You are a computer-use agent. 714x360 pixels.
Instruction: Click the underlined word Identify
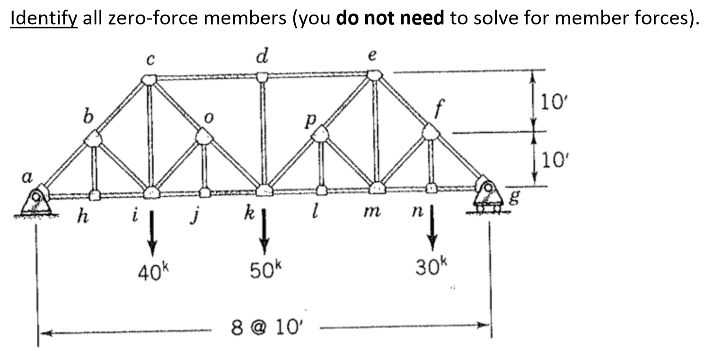click(44, 18)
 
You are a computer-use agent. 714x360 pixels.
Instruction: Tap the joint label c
click(150, 60)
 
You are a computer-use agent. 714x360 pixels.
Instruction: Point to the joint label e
click(372, 55)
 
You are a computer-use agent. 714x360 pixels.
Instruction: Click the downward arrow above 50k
click(264, 232)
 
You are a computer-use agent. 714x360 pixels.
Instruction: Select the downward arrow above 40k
click(152, 233)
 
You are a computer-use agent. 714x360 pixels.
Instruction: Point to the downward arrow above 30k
click(432, 228)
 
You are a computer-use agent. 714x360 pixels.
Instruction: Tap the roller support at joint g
click(488, 195)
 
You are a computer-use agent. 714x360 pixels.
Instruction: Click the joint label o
click(208, 118)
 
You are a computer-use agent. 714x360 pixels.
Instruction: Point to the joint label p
click(310, 121)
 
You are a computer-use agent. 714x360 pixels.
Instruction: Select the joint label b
click(88, 115)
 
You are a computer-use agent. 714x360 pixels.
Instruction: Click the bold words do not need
click(390, 18)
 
